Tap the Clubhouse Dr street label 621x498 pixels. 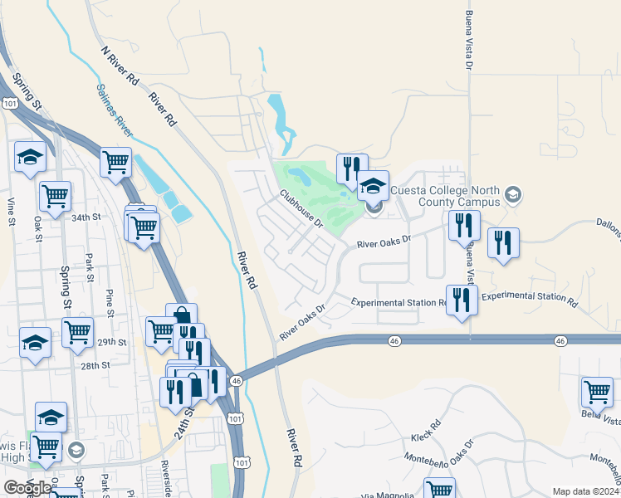coord(301,207)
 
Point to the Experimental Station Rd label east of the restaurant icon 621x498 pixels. coord(529,296)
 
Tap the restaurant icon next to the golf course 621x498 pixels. coord(349,168)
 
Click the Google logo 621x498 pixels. coord(27,488)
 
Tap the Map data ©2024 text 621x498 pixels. coord(584,491)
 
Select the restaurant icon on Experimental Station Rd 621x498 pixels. coord(462,300)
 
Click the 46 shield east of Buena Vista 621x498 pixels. coord(561,341)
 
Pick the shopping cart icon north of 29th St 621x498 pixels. coord(77,331)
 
